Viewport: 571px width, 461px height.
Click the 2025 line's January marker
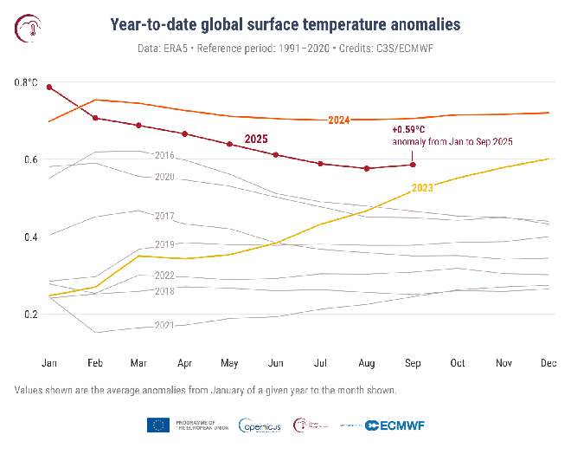[50, 88]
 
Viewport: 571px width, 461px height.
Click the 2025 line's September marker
[413, 165]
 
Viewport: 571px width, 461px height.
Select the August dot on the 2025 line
[367, 168]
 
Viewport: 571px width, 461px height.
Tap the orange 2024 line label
[339, 120]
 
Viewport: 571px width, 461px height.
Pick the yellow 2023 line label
[422, 188]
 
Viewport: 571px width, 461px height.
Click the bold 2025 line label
[257, 139]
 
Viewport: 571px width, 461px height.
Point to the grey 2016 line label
[164, 155]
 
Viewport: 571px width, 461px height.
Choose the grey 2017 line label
[164, 215]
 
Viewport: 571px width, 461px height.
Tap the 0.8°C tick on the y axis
[26, 83]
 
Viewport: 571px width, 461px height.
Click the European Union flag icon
[157, 425]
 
